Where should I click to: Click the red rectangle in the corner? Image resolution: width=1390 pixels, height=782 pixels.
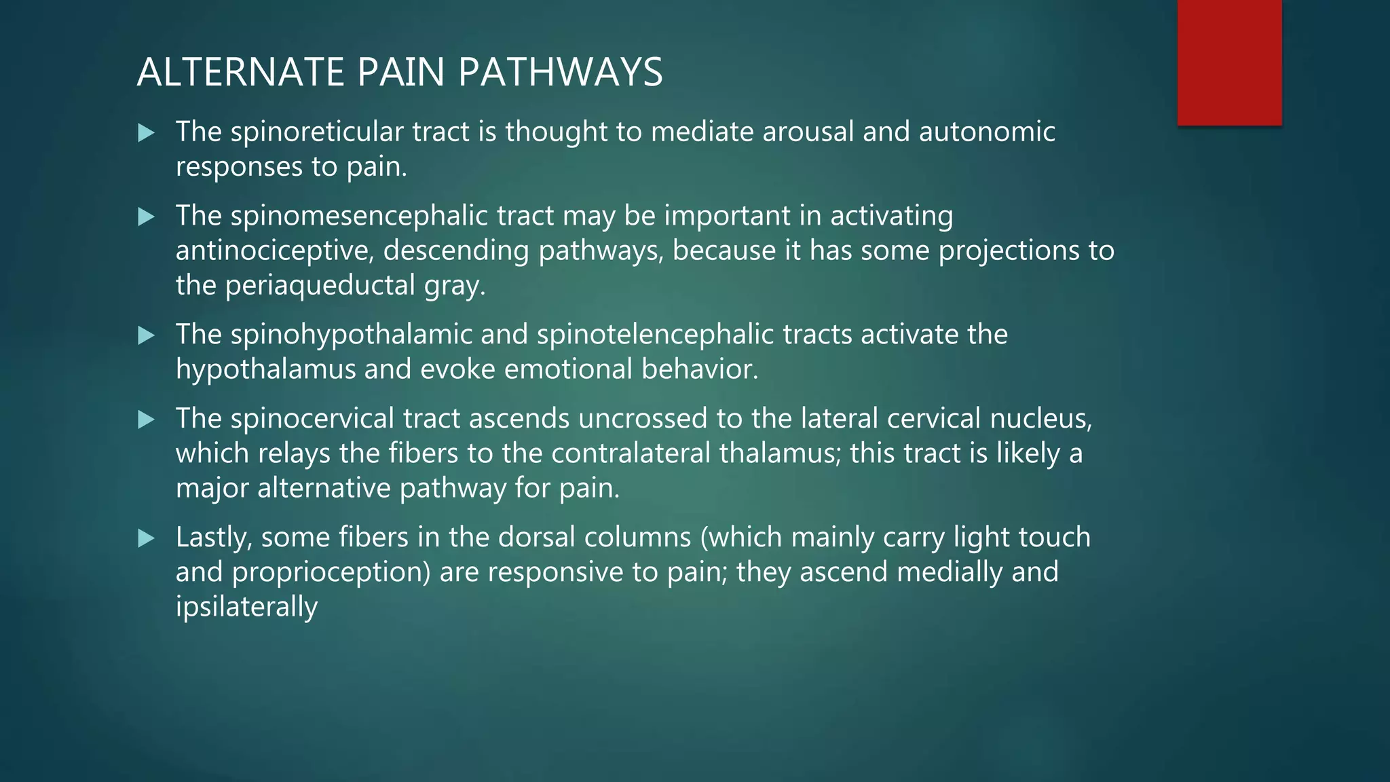tap(1229, 62)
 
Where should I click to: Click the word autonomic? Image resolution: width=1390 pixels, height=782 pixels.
tap(987, 132)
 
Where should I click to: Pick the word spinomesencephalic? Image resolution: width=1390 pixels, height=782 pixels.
tap(359, 216)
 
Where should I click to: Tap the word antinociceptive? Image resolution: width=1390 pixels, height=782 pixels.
tap(275, 251)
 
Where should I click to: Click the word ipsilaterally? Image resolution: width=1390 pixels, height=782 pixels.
tap(246, 607)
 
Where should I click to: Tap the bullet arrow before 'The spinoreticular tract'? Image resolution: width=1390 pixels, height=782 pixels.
tap(146, 132)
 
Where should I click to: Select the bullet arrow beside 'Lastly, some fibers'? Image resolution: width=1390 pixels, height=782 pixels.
tap(146, 538)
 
